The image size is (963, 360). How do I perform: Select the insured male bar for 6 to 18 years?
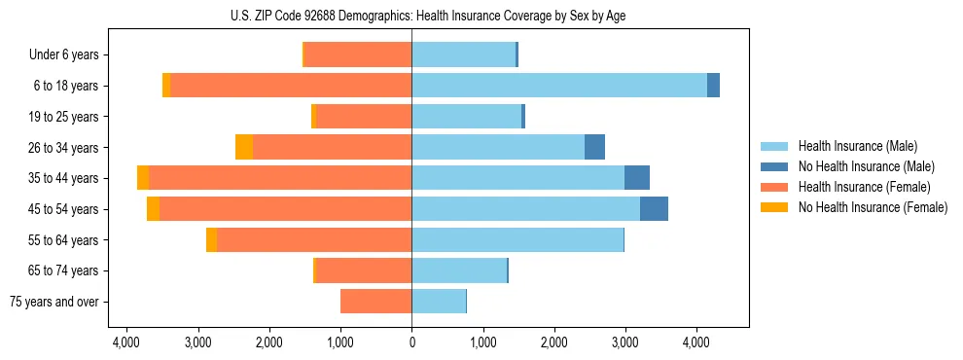click(x=559, y=86)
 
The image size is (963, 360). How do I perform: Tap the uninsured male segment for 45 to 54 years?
click(x=654, y=209)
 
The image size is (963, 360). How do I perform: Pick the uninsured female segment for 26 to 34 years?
click(x=244, y=147)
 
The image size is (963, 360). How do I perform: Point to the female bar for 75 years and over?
click(x=375, y=302)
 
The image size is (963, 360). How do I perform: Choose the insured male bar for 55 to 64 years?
click(x=517, y=240)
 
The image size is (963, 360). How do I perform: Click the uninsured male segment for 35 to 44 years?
click(x=637, y=178)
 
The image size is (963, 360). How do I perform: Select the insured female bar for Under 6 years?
click(x=358, y=54)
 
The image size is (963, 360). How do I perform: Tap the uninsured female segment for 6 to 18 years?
click(x=166, y=86)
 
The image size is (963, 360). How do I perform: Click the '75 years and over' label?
click(x=54, y=303)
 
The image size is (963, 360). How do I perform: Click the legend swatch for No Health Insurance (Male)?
click(x=774, y=166)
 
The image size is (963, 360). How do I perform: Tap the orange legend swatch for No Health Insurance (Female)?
click(x=774, y=207)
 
